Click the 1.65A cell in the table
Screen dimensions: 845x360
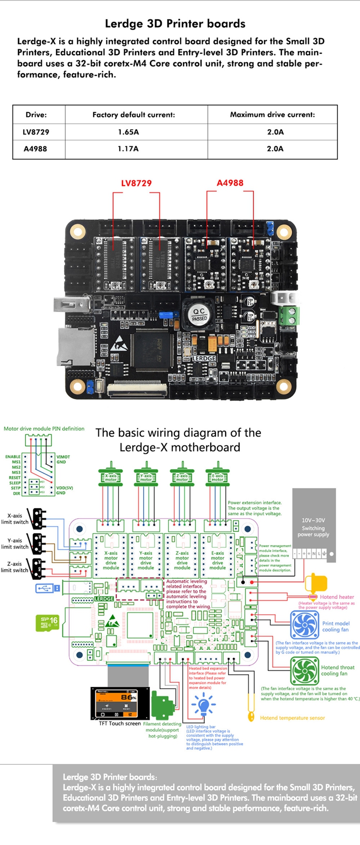coord(128,132)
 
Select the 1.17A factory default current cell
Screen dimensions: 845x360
coord(128,149)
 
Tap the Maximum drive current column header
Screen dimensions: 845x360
coord(272,115)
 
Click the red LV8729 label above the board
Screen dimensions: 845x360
coord(136,183)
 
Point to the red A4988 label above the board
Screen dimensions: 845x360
coord(230,183)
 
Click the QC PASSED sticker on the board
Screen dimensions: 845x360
coord(199,315)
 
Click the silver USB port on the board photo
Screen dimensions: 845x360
coord(71,303)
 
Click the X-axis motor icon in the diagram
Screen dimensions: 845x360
coord(111,477)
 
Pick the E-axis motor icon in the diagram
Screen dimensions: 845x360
coord(217,477)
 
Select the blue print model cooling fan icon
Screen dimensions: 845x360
coord(305,625)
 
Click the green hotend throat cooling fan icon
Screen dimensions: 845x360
coord(305,671)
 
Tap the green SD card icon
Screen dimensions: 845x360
coord(48,623)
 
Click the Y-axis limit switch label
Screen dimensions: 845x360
coord(14,544)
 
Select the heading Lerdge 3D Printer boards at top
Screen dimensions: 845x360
coord(175,24)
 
